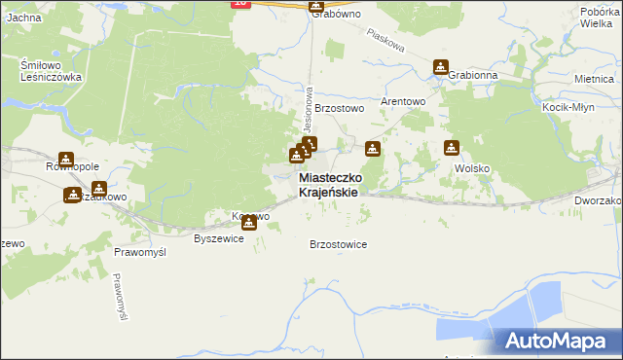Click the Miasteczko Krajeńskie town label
pos(332,186)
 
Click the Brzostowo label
pos(339,109)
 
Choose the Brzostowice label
pos(338,244)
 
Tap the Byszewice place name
pos(219,238)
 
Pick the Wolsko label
pos(472,167)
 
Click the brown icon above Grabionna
pos(441,68)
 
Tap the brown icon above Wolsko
pos(452,148)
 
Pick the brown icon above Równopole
pos(66,160)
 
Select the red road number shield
pos(241,4)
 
